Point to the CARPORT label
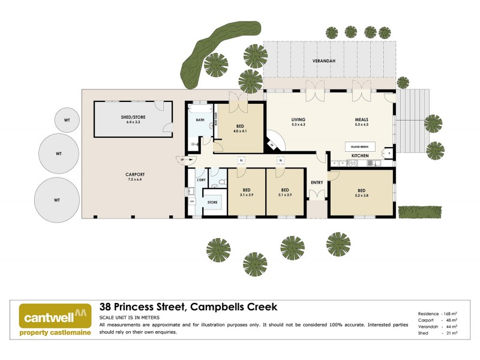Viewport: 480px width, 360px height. click(x=136, y=175)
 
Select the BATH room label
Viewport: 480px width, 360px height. click(x=200, y=119)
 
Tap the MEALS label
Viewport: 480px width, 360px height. click(x=361, y=120)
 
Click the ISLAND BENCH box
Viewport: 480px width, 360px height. click(x=360, y=146)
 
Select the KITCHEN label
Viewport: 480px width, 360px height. click(x=360, y=156)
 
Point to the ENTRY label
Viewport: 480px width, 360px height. click(x=316, y=182)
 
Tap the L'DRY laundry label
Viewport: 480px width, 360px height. click(x=201, y=180)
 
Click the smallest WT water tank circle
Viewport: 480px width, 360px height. click(x=67, y=120)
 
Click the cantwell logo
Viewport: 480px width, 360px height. click(x=56, y=319)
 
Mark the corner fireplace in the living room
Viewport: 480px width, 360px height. click(x=273, y=143)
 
